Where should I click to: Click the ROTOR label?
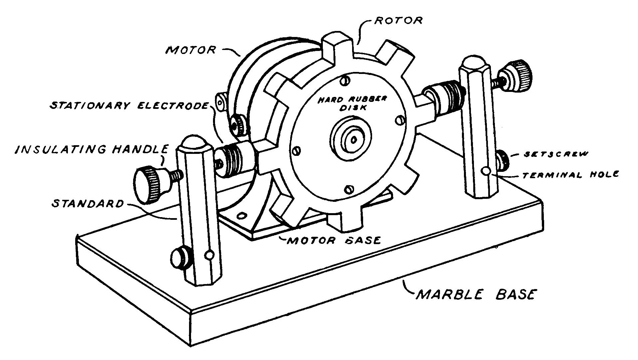[x=398, y=20]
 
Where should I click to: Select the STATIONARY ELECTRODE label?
[x=129, y=106]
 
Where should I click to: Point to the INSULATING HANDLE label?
[x=92, y=149]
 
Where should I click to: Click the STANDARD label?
[x=88, y=203]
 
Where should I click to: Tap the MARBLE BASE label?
[x=476, y=295]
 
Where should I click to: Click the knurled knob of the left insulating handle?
[x=147, y=185]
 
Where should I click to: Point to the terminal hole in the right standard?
[x=487, y=171]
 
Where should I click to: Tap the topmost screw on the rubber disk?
[x=345, y=80]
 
